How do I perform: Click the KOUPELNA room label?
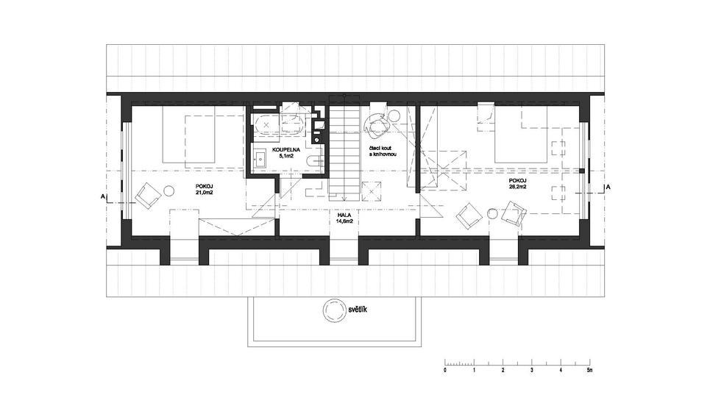tap(286, 150)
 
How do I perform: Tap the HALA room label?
tap(344, 216)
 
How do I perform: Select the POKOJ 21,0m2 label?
tap(203, 188)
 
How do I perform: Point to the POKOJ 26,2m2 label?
tap(517, 183)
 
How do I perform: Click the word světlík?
tap(358, 310)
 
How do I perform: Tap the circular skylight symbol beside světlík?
tap(333, 310)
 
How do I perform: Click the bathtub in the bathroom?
tap(277, 124)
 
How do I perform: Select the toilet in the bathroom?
tap(316, 162)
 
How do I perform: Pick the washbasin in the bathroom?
tap(260, 159)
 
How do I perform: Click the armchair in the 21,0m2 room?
tap(148, 196)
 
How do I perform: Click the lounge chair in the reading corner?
tap(377, 127)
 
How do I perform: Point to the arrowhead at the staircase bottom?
tap(344, 199)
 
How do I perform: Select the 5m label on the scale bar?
tap(589, 369)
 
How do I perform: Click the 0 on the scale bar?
tap(445, 369)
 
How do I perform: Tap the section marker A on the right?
tap(608, 187)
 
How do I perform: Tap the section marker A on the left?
tap(102, 196)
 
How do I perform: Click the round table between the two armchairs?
tap(492, 213)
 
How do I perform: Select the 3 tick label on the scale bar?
tap(532, 369)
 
